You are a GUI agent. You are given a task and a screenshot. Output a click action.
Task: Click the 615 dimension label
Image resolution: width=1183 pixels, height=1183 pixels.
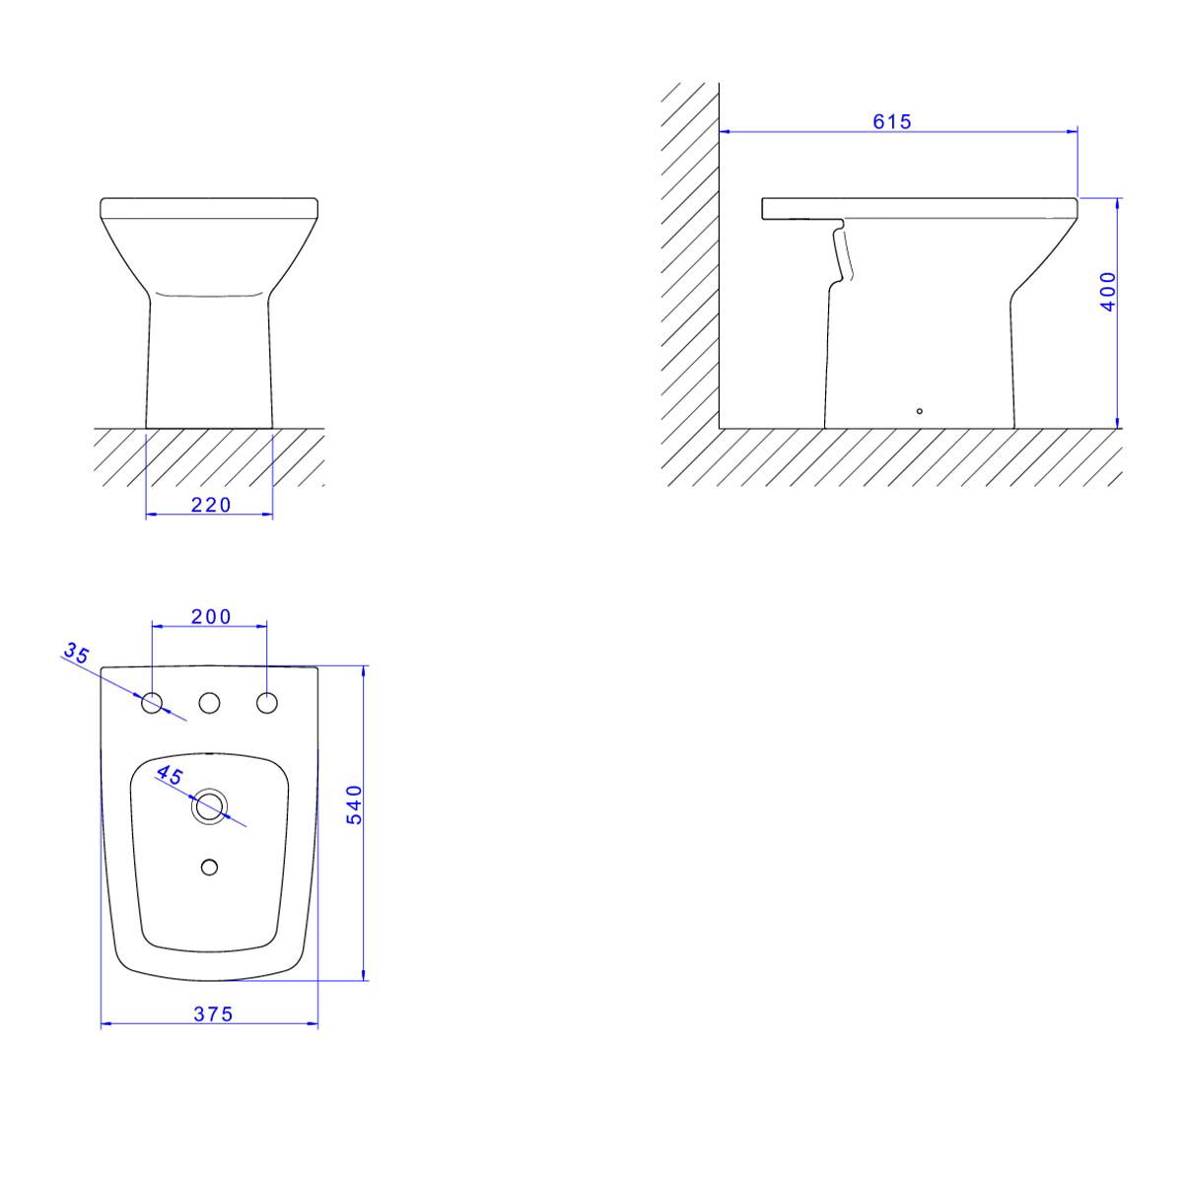click(891, 121)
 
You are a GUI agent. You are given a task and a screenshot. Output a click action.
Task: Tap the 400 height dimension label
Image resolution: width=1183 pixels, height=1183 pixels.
click(1109, 292)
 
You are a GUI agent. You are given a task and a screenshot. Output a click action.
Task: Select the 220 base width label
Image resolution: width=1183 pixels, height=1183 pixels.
click(211, 506)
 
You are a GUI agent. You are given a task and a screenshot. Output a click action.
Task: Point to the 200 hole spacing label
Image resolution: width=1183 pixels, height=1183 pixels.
click(211, 616)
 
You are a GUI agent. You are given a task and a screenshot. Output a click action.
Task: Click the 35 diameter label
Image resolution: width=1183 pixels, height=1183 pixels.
click(77, 654)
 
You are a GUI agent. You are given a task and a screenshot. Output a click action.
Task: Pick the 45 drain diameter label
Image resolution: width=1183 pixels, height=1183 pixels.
click(169, 776)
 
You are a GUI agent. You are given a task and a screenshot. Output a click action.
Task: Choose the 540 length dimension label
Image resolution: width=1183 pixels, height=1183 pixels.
click(355, 804)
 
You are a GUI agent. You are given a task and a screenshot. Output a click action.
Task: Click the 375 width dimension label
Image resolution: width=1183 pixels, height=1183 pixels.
click(213, 1014)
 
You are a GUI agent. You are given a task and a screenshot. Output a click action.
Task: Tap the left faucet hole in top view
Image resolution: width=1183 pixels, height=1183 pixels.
click(152, 703)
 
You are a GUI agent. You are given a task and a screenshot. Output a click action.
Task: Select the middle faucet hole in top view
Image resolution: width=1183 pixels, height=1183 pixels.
click(209, 703)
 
